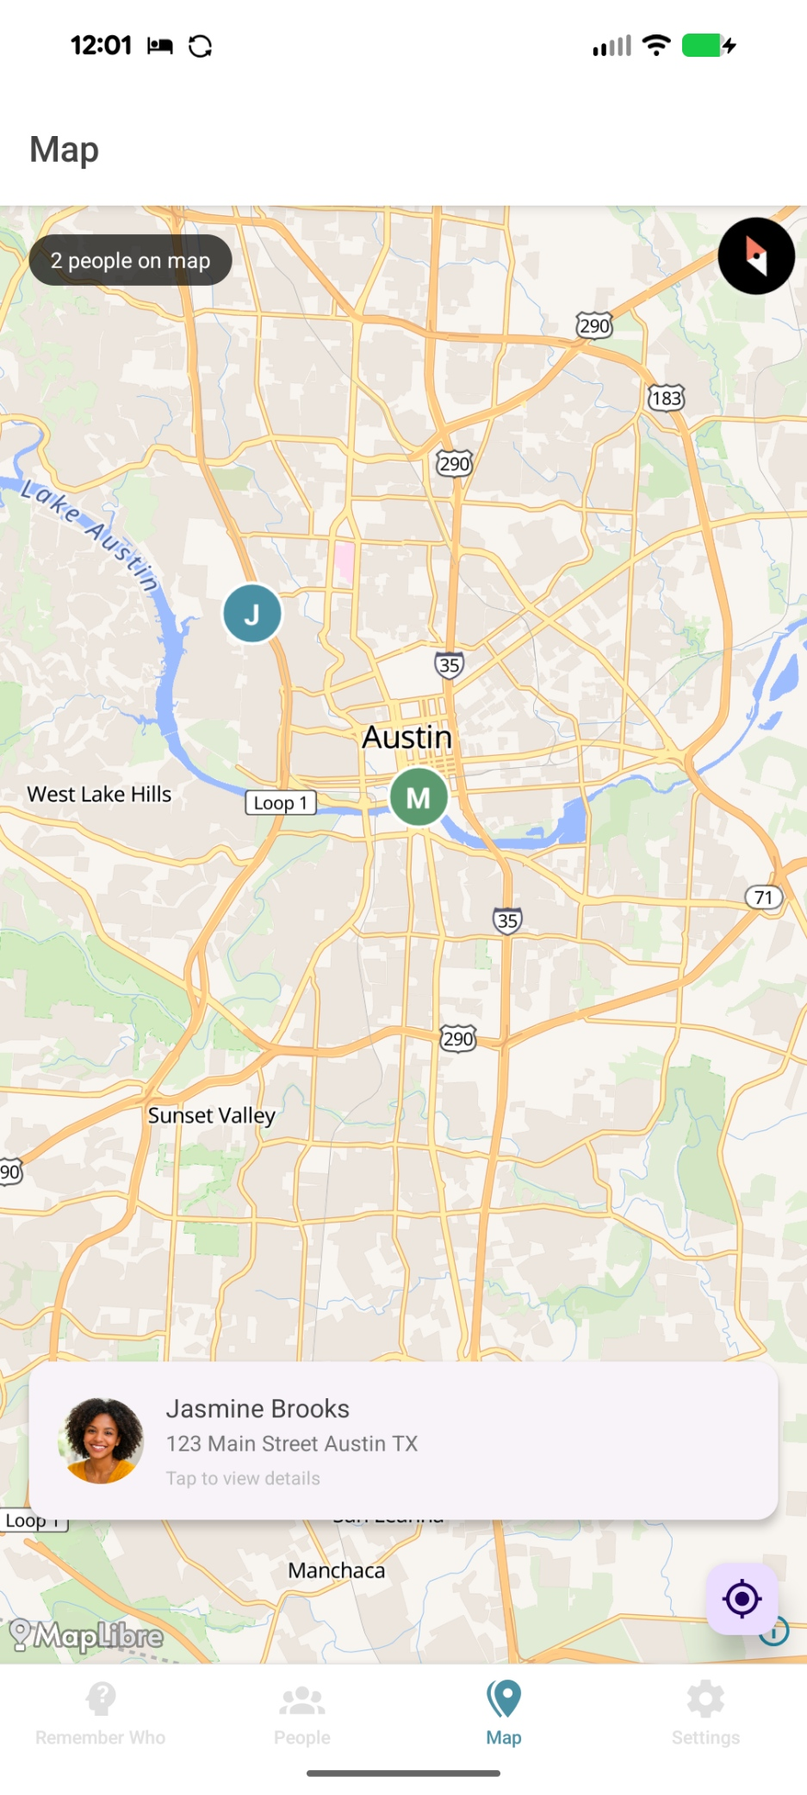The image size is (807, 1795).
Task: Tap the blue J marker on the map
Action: coord(252,614)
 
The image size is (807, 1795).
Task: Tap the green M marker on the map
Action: coord(419,797)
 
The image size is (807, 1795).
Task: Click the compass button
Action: coord(756,257)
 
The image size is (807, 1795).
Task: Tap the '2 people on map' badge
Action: coord(130,261)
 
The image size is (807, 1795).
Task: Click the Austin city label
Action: coord(407,737)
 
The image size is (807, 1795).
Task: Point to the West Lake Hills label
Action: coord(99,794)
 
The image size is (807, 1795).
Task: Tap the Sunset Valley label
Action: coord(211,1116)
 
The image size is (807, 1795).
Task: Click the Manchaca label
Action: coord(337,1570)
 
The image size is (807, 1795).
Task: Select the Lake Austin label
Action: coord(90,535)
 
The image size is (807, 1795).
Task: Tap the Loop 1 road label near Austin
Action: coord(281,803)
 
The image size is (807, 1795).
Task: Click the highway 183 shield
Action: coord(666,398)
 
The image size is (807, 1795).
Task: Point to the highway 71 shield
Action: coord(763,897)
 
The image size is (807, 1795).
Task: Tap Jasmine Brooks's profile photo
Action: coord(101,1440)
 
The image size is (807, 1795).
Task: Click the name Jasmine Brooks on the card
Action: coord(258,1408)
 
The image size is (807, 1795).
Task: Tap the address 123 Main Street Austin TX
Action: coord(292,1444)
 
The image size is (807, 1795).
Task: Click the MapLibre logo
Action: coord(87,1635)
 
